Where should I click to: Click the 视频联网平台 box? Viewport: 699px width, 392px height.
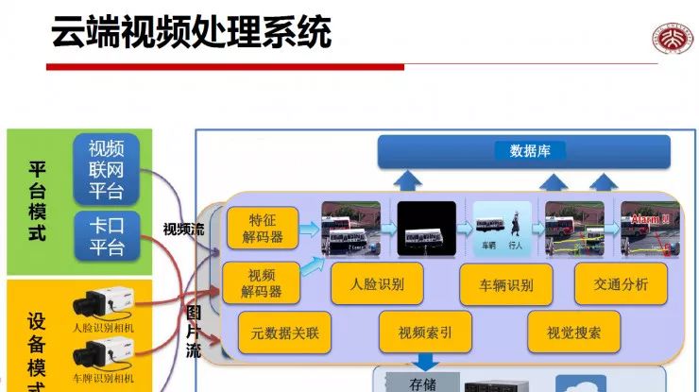point(106,169)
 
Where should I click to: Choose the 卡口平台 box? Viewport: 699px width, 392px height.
point(106,235)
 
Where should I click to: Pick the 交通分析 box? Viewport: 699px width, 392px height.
point(621,283)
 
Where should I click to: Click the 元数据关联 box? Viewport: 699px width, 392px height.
point(284,332)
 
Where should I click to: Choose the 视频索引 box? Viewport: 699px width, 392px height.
point(424,332)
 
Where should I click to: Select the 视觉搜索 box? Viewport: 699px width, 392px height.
point(573,332)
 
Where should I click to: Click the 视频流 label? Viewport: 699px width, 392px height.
point(183,229)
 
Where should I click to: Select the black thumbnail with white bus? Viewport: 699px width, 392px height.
point(426,229)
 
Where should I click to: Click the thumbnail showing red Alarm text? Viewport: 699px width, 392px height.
point(648,229)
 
